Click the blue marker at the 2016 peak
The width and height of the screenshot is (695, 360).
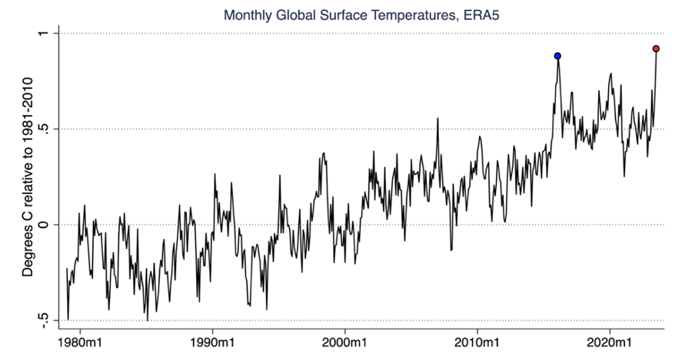pyautogui.click(x=557, y=56)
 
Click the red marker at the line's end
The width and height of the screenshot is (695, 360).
pyautogui.click(x=656, y=48)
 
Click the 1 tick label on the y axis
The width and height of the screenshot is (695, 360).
pyautogui.click(x=44, y=34)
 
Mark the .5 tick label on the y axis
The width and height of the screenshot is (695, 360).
pyautogui.click(x=44, y=128)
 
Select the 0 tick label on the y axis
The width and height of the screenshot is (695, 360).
pyautogui.click(x=44, y=225)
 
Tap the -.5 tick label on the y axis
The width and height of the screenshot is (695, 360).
pyautogui.click(x=44, y=318)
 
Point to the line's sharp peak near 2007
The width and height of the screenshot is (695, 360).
pyautogui.click(x=437, y=118)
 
